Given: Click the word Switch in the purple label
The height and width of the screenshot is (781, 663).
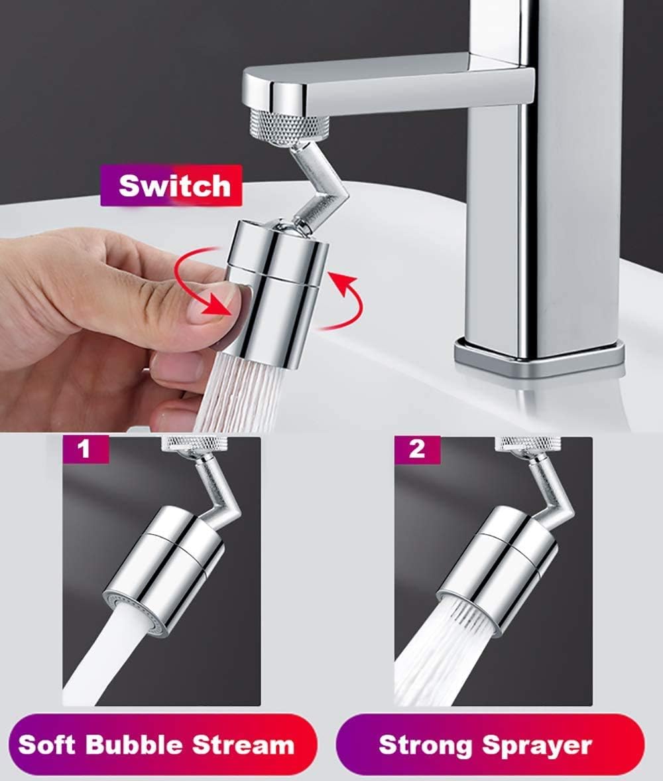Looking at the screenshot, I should pos(174,185).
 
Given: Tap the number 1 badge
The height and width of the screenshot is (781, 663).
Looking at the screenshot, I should pos(84,449).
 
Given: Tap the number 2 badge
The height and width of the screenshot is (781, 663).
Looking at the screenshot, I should pos(416,449).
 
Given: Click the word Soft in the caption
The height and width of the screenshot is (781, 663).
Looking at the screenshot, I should pos(45,745).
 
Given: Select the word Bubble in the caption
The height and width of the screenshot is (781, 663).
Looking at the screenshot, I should pos(135,745).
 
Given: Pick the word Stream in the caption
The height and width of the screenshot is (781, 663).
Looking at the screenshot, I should pos(246,745).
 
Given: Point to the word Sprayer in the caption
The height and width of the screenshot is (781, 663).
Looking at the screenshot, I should pos(537,745).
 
